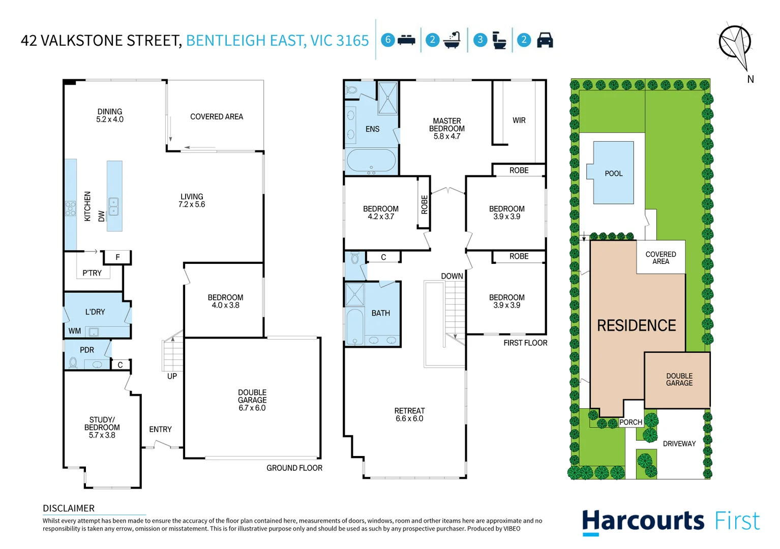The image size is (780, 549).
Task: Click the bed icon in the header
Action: coord(406,40)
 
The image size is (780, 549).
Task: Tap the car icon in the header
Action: coord(545,40)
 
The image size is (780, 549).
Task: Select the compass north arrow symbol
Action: coord(736,46)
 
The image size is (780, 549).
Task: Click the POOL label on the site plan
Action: coord(613,173)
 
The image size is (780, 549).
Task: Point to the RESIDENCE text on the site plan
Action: coord(636,325)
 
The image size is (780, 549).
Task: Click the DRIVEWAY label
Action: coord(679,444)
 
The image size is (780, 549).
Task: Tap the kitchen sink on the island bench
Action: coord(114,206)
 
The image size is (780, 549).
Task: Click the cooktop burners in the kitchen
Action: coord(70,208)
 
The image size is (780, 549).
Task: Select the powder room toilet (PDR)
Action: coord(73,362)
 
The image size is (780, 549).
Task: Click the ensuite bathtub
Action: coord(371,161)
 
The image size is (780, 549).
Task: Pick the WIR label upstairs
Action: coord(519,120)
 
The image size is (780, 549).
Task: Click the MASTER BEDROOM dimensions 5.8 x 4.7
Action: coord(446,136)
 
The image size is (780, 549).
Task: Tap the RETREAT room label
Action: coord(409,411)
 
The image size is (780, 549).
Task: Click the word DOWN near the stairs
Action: coord(452,276)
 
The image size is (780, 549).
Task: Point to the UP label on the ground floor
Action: coord(172,376)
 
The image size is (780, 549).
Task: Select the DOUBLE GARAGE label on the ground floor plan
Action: coord(252,396)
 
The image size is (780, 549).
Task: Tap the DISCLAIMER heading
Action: coord(69,508)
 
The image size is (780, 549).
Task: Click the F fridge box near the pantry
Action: coord(117,257)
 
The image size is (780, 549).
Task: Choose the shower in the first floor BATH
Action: coord(354,294)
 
